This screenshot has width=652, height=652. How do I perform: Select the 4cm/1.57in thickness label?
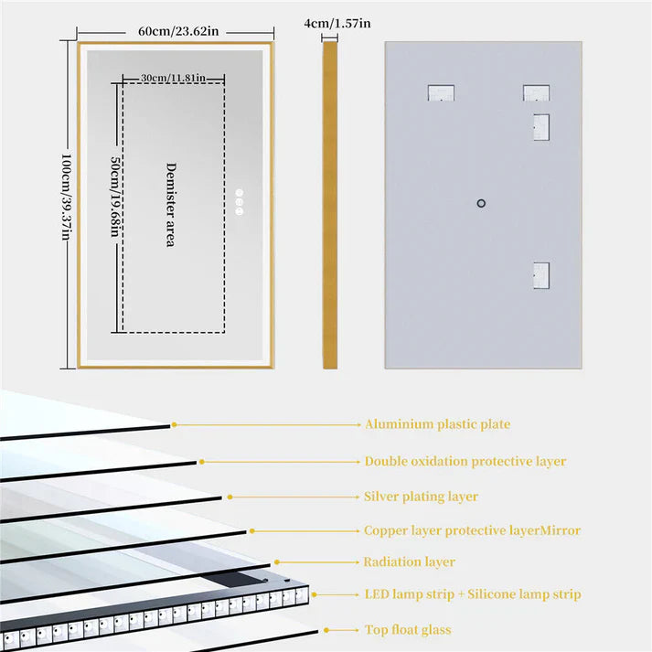point(339,23)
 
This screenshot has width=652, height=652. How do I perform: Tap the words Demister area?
point(170,204)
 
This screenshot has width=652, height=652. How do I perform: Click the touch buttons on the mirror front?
point(240,202)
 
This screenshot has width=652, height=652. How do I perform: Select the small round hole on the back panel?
point(482,203)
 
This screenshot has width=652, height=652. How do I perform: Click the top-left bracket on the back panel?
point(440,92)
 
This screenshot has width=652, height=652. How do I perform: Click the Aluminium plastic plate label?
point(437,424)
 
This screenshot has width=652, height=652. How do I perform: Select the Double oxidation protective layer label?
point(465,462)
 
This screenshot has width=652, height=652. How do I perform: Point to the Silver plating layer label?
point(421,497)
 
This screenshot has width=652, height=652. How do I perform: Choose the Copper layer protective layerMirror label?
point(472,530)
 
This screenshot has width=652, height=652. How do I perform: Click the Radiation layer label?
point(409,562)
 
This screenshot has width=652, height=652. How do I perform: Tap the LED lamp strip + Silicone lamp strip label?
point(472,595)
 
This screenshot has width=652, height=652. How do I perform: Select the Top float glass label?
point(407,629)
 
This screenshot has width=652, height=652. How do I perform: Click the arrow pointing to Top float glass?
point(342,630)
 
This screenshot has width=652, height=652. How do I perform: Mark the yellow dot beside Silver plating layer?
point(230,497)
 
